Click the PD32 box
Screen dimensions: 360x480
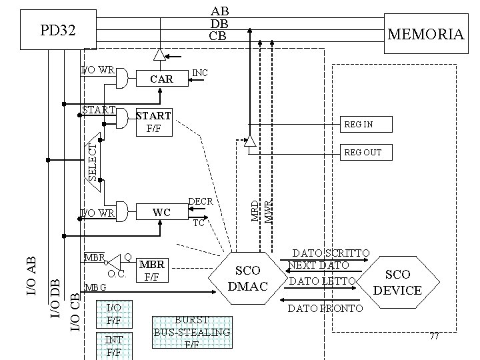(x=58, y=30)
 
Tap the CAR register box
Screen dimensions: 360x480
(x=162, y=79)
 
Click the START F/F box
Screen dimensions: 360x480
(x=153, y=121)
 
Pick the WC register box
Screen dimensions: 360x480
(x=162, y=212)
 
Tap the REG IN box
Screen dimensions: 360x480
(x=364, y=124)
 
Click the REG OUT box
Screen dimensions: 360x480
(x=364, y=153)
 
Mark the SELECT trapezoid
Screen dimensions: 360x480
(x=94, y=162)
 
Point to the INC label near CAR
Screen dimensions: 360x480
(x=199, y=71)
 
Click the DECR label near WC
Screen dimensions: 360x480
(x=201, y=201)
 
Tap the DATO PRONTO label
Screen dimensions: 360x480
(x=325, y=308)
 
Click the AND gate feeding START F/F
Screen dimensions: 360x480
(x=122, y=118)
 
